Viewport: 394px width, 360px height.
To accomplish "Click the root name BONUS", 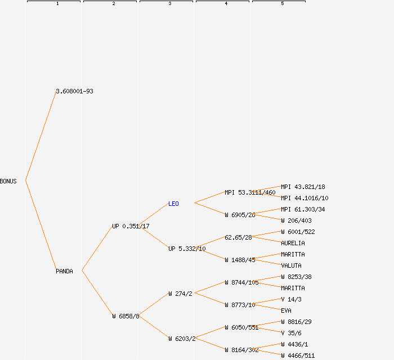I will (8, 181).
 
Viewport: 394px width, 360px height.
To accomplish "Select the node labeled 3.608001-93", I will (74, 91).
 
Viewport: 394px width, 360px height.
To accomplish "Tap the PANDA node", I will (64, 271).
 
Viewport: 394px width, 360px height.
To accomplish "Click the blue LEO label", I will (173, 204).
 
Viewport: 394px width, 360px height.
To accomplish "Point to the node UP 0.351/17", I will (131, 226).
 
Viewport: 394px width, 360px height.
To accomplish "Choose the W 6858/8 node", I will (126, 316).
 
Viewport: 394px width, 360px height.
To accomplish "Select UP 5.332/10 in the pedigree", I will (187, 249).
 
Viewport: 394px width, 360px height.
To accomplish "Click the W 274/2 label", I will (180, 294).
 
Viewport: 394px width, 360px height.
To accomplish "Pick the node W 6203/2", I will (182, 339).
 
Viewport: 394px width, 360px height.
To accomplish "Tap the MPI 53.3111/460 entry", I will (250, 192).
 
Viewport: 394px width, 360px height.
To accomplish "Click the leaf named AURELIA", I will (293, 243).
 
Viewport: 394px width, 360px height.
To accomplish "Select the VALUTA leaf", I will (291, 265).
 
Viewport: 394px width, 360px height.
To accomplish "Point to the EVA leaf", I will (286, 310).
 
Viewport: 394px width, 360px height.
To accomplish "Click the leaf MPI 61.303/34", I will (303, 209).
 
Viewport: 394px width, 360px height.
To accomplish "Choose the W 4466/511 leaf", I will (298, 355).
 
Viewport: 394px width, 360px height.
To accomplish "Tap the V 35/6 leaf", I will (291, 333).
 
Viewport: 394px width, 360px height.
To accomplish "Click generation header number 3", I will (169, 4).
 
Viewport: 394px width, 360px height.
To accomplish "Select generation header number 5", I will (282, 4).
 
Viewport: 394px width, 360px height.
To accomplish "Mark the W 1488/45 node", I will (240, 260).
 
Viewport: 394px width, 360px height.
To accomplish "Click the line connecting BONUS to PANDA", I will (41, 226).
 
